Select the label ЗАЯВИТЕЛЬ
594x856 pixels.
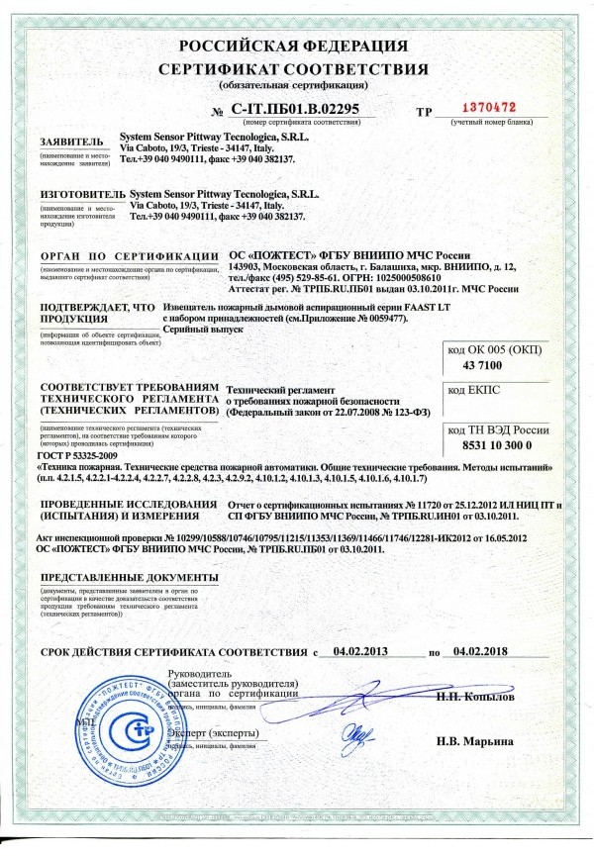pyautogui.click(x=70, y=142)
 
